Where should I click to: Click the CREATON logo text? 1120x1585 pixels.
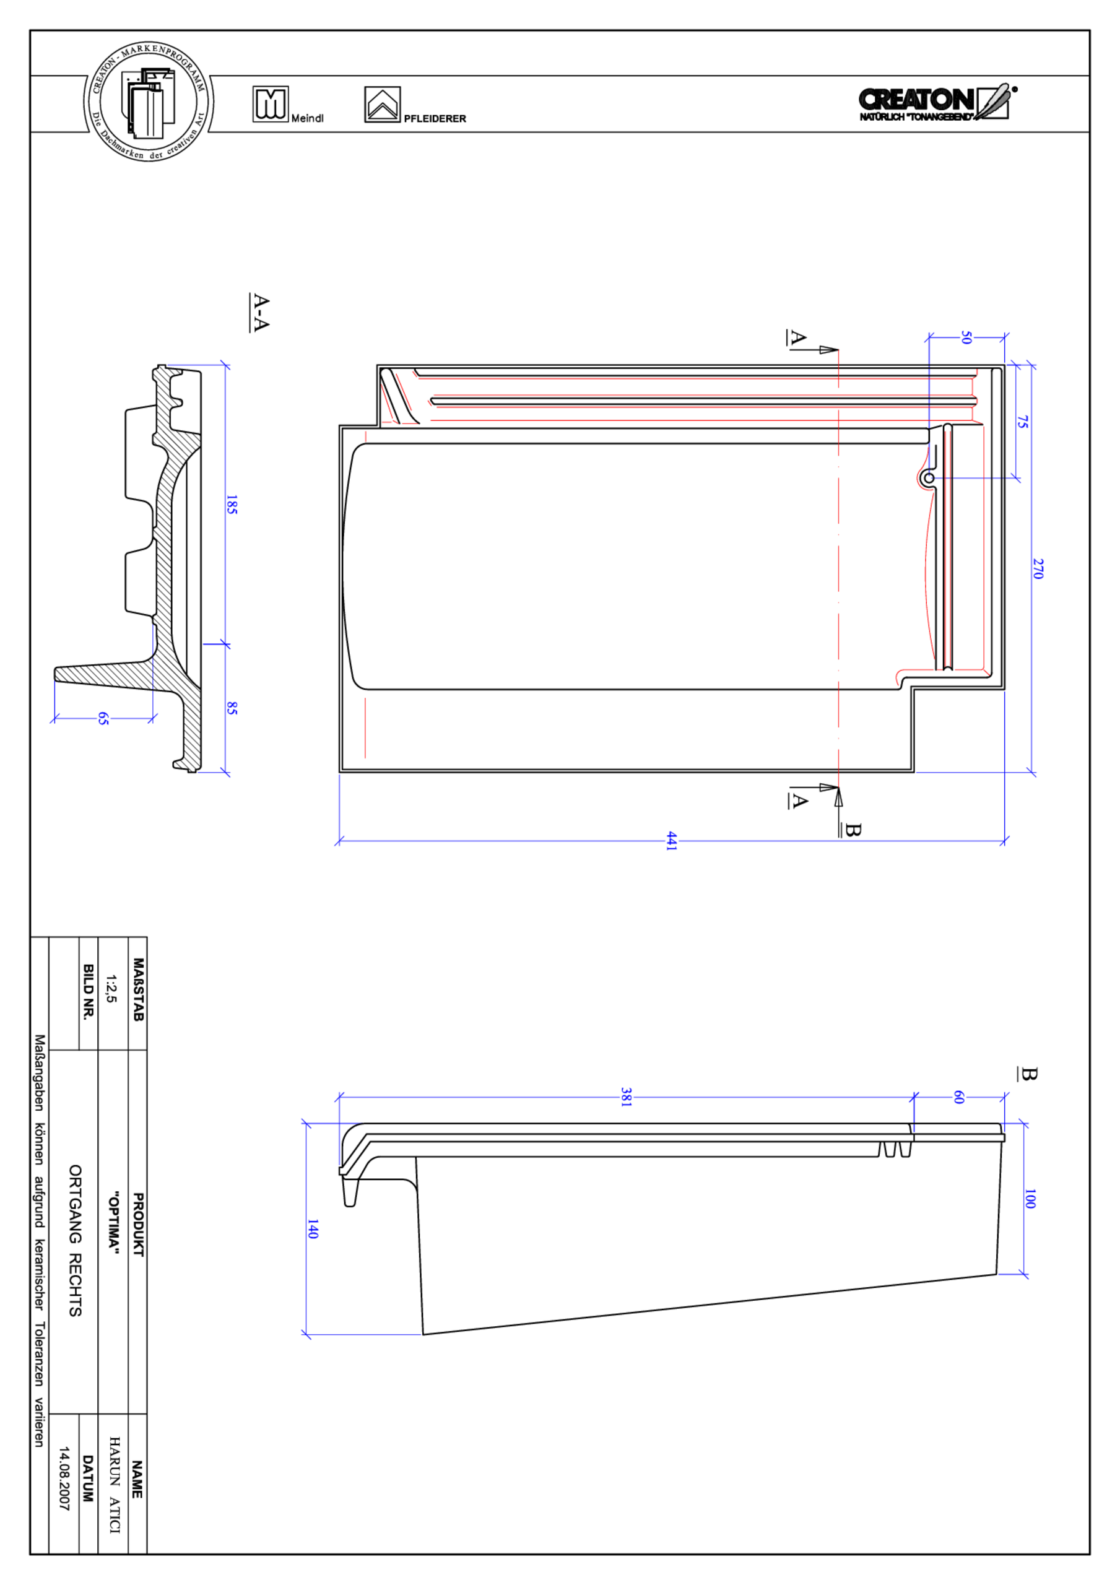(x=917, y=100)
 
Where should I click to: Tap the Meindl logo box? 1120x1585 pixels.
(x=270, y=104)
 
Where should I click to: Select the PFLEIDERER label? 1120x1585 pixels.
(x=435, y=119)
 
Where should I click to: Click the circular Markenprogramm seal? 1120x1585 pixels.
(x=149, y=102)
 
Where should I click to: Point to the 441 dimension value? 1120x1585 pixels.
(x=671, y=841)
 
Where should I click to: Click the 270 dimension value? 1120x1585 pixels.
(x=1038, y=569)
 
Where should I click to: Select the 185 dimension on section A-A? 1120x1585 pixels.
(x=232, y=505)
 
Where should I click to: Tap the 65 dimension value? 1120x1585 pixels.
(x=103, y=719)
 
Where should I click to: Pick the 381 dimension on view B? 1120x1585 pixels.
(x=625, y=1097)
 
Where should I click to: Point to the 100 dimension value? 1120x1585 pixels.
(x=1030, y=1199)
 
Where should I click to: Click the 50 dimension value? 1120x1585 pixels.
(x=966, y=337)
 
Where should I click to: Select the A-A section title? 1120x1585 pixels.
(x=260, y=313)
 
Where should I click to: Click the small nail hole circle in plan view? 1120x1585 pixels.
(x=929, y=478)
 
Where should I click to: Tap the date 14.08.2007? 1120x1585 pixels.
(x=64, y=1479)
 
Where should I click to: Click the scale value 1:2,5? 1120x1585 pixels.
(x=111, y=989)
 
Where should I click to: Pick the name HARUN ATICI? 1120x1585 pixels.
(x=115, y=1484)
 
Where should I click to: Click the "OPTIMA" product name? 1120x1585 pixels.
(x=113, y=1221)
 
